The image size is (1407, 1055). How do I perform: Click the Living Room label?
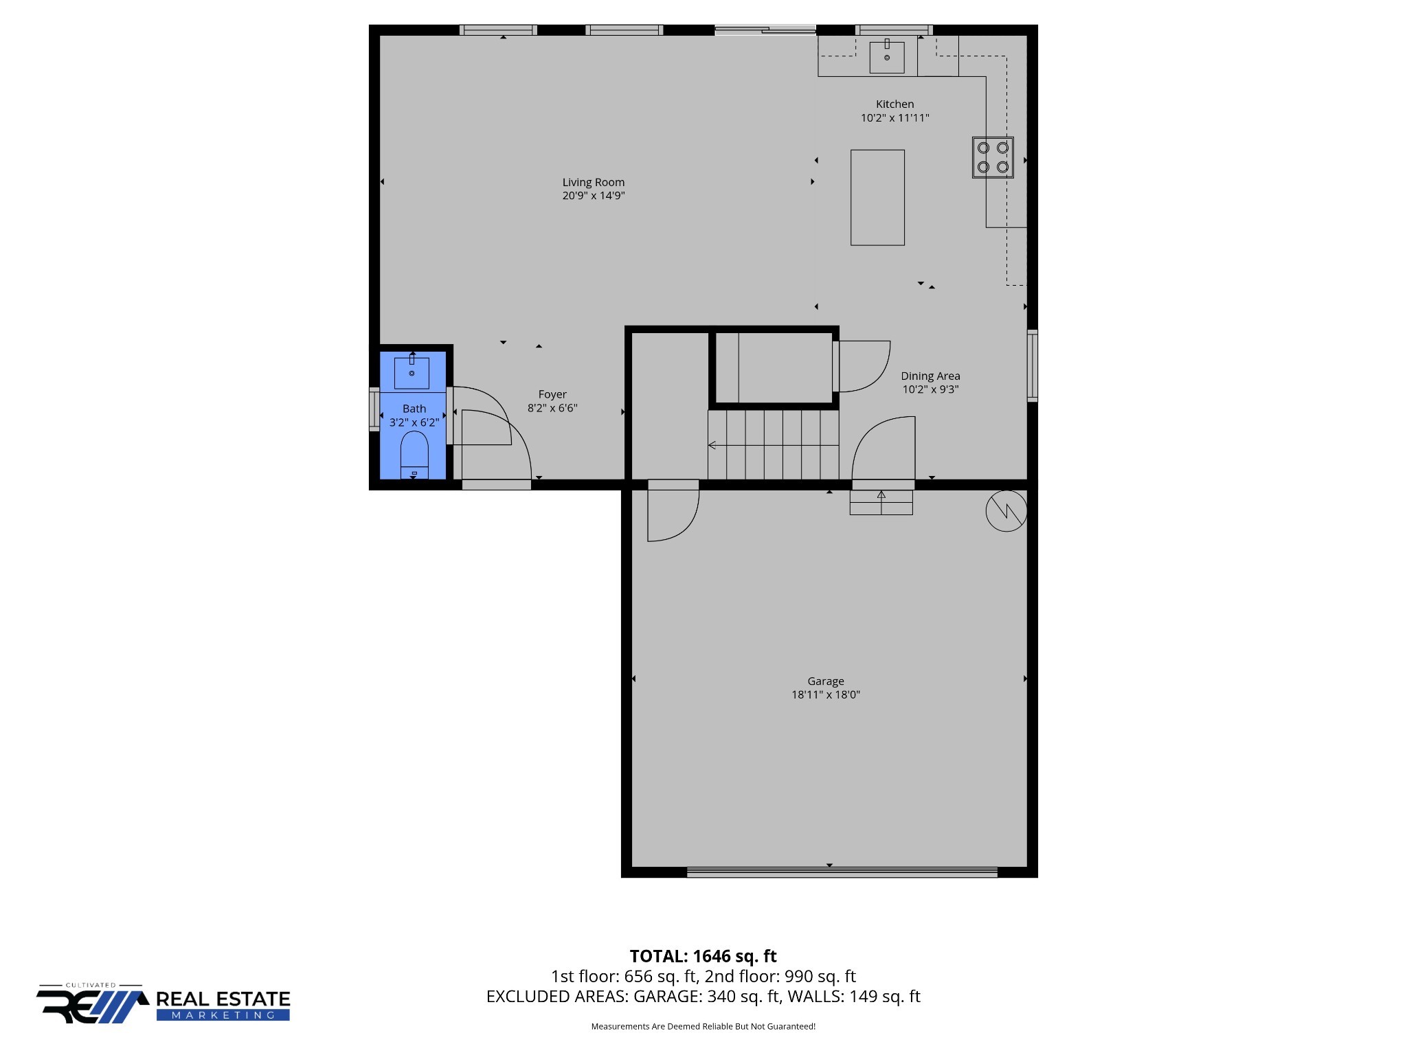click(x=593, y=182)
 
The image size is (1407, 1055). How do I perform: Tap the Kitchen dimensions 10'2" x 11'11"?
click(x=894, y=118)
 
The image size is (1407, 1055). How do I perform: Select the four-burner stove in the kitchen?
click(x=993, y=157)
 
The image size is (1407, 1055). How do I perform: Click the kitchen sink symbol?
click(x=886, y=56)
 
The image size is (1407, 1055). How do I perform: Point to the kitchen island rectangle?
click(x=877, y=197)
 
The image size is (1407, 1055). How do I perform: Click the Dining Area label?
click(x=930, y=376)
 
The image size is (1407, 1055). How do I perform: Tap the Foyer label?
click(x=552, y=394)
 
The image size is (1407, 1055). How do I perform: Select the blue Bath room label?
click(x=414, y=409)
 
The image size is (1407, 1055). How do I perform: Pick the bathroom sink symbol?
click(x=412, y=373)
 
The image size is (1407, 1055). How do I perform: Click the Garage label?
click(x=825, y=681)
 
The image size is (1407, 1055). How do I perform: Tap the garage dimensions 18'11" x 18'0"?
click(x=825, y=694)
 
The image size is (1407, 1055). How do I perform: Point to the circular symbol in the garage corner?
click(x=1006, y=511)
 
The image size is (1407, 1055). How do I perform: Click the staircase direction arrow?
click(x=712, y=445)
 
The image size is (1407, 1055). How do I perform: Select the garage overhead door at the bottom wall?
click(x=842, y=872)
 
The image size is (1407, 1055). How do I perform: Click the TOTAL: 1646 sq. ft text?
click(x=703, y=956)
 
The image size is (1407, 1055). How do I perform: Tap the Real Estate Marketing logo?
click(x=164, y=1005)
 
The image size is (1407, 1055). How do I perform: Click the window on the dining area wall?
click(x=1032, y=365)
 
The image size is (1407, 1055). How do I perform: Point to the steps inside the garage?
click(x=881, y=502)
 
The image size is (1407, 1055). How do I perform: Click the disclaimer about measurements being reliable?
click(x=703, y=1026)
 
